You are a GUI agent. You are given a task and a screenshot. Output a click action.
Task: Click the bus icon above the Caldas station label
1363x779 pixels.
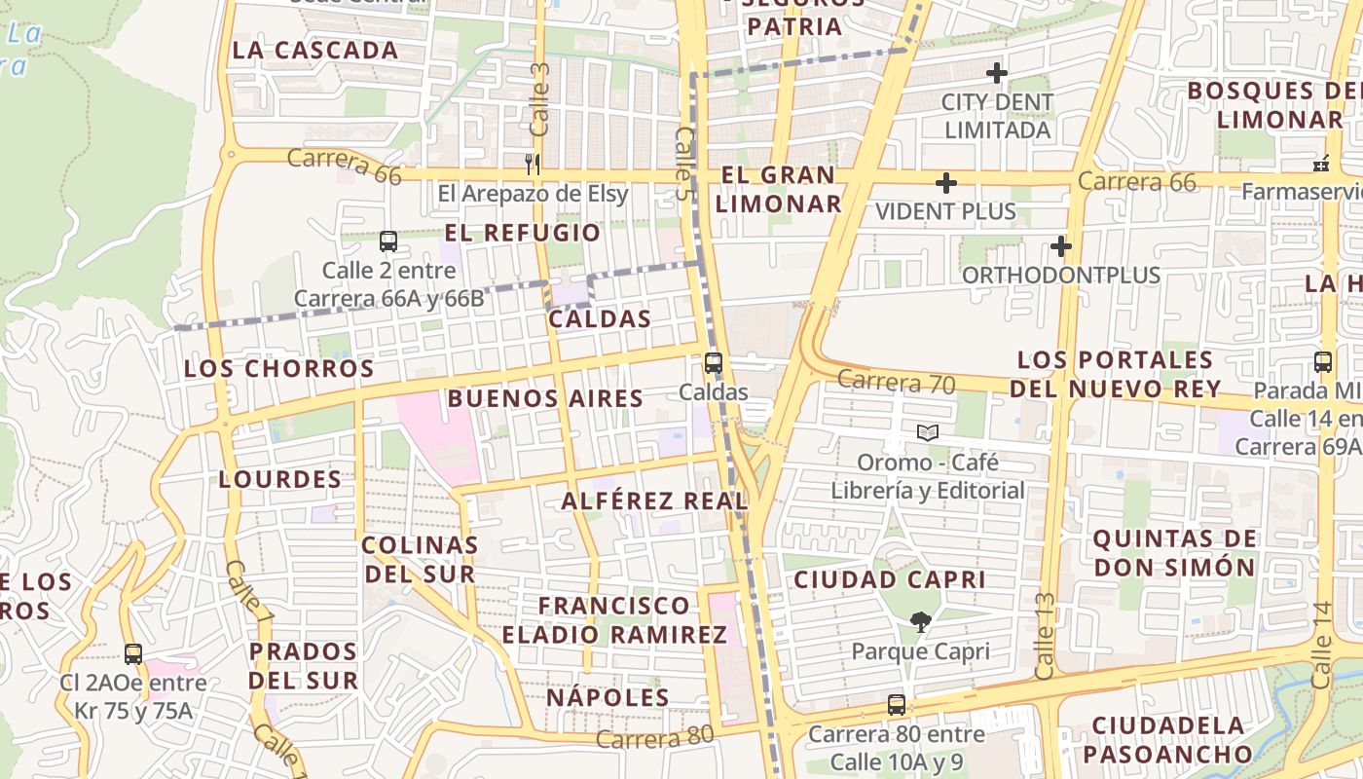pos(714,363)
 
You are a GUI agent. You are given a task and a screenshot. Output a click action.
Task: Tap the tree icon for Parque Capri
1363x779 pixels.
pos(920,621)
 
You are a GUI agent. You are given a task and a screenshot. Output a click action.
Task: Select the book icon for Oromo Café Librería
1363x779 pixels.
pos(928,432)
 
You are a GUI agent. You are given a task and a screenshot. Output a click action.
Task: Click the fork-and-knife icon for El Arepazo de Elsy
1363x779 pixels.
pos(532,163)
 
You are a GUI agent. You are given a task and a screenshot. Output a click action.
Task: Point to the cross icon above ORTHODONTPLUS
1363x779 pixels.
pos(1061,246)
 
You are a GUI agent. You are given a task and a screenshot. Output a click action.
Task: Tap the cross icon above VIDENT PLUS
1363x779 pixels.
pos(945,183)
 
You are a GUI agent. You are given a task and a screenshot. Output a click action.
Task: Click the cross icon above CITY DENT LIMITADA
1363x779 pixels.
pos(996,73)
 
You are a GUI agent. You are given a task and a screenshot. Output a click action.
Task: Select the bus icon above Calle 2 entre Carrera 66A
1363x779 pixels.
pos(387,241)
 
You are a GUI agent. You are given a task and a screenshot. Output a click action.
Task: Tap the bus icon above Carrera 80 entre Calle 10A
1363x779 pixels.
pos(896,705)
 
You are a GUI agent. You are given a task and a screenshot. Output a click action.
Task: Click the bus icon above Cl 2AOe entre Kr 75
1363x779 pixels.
pos(133,653)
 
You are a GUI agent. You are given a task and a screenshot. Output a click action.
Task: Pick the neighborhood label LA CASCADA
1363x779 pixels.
pos(315,51)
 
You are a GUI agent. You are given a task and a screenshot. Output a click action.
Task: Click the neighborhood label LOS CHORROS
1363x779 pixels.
pos(279,369)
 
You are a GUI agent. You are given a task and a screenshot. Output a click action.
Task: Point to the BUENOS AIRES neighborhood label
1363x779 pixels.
pos(545,398)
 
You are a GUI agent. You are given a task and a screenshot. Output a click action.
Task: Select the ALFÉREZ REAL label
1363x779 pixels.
pos(654,501)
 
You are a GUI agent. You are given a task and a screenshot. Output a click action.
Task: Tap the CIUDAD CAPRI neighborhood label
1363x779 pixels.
pos(890,579)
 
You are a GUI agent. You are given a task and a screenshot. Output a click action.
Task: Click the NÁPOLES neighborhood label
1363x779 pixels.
pos(608,698)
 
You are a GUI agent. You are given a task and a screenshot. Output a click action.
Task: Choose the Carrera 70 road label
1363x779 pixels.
pos(896,382)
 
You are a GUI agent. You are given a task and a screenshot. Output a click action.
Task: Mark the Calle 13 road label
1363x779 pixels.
pos(1044,636)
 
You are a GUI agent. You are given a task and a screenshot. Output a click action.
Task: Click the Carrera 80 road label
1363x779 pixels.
pos(654,739)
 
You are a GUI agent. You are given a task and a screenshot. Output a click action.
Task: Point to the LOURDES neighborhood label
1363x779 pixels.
pos(280,479)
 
